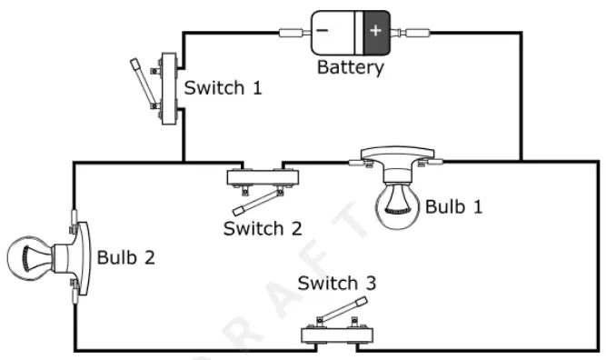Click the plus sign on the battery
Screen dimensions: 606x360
coord(375,30)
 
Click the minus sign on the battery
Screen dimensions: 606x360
coord(322,30)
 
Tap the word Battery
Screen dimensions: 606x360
coord(351,67)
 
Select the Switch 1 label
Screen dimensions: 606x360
coord(223,88)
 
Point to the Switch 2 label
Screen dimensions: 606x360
coord(263,228)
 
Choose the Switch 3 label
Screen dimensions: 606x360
coord(337,283)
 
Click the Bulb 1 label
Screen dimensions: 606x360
coord(453,206)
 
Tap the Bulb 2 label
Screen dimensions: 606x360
coord(126,257)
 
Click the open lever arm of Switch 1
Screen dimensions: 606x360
coord(144,83)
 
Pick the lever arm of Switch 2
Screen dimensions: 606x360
coord(257,202)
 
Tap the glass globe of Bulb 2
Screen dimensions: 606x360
coord(30,258)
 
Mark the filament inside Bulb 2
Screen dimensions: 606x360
coord(25,258)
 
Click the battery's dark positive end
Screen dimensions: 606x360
coord(377,33)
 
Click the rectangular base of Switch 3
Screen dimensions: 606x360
coord(337,335)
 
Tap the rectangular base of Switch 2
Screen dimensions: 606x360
coord(263,177)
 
